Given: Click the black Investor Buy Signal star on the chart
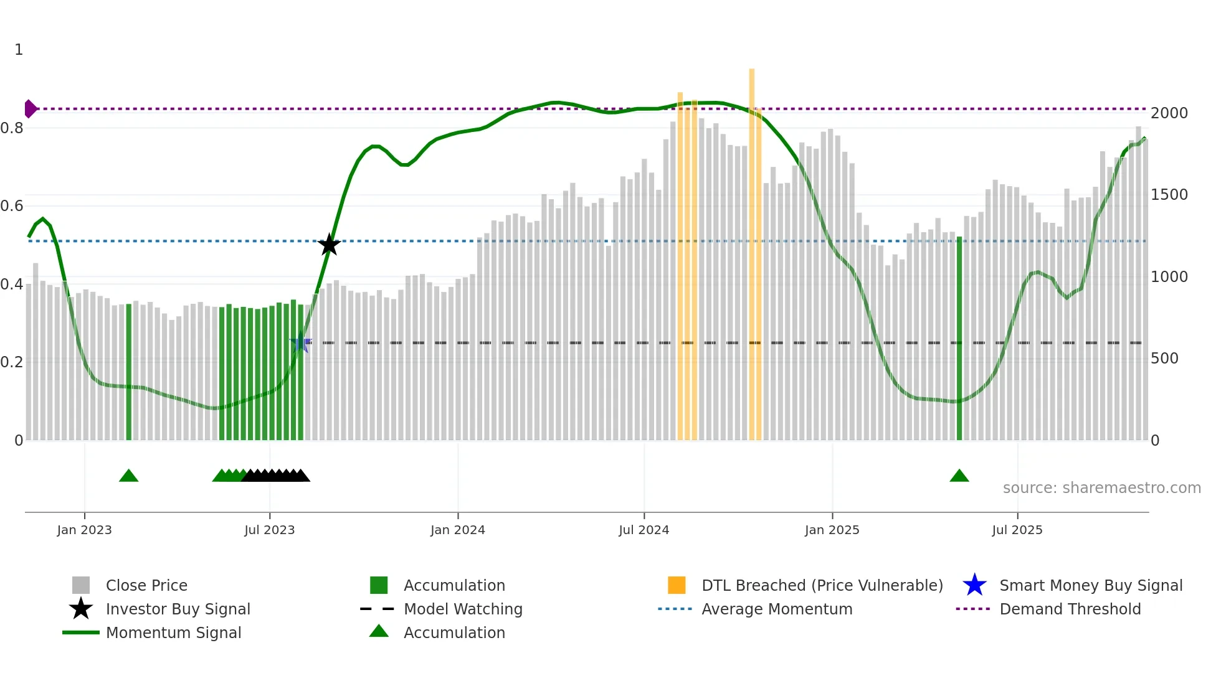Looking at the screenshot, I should tap(329, 245).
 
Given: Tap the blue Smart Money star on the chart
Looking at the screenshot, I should tap(300, 342).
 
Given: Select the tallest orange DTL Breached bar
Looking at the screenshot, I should tap(752, 249).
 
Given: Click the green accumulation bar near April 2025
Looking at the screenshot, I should tap(959, 339).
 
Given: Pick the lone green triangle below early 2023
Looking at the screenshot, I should tap(129, 476).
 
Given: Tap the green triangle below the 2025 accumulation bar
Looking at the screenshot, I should tap(959, 476).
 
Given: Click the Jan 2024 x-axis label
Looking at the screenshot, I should tap(457, 530).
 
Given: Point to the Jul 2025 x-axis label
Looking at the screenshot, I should tap(1017, 530).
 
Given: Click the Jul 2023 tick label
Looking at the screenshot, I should tap(269, 530).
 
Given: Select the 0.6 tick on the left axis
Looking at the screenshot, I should tap(12, 206).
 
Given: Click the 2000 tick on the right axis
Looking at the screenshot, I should tap(1169, 113).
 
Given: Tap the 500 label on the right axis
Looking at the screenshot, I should tap(1164, 359).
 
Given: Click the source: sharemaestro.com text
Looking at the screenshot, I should tap(1101, 488).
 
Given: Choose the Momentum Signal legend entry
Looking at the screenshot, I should tap(173, 632).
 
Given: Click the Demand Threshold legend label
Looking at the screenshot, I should tap(1070, 609).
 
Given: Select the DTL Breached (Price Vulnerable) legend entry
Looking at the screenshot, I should tap(822, 585).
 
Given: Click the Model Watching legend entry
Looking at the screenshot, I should tap(463, 609).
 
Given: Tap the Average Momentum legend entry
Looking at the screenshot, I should tap(777, 609).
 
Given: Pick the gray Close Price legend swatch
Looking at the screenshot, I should tap(81, 585).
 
